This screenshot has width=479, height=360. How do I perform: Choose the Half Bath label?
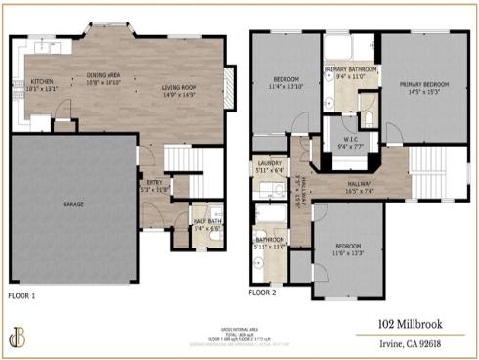203,225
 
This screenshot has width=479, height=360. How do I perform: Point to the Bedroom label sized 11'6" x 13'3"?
349,249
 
